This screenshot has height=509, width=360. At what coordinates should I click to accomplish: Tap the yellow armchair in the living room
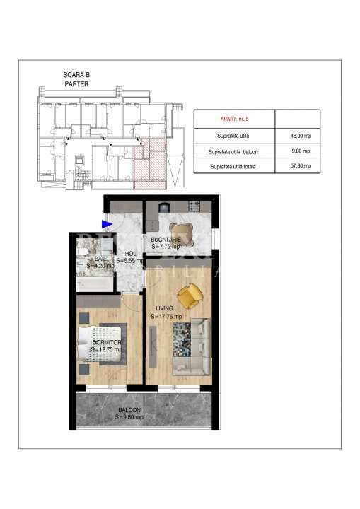pyautogui.click(x=189, y=296)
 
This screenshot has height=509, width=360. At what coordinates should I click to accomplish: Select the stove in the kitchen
pyautogui.click(x=194, y=206)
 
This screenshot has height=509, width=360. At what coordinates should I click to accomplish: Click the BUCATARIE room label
pyautogui.click(x=166, y=240)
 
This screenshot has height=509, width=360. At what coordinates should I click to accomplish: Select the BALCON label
pyautogui.click(x=129, y=411)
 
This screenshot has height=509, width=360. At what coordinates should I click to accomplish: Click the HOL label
pyautogui.click(x=130, y=253)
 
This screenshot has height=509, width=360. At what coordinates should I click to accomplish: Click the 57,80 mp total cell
pyautogui.click(x=296, y=166)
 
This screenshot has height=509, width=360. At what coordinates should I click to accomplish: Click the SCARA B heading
pyautogui.click(x=76, y=74)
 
